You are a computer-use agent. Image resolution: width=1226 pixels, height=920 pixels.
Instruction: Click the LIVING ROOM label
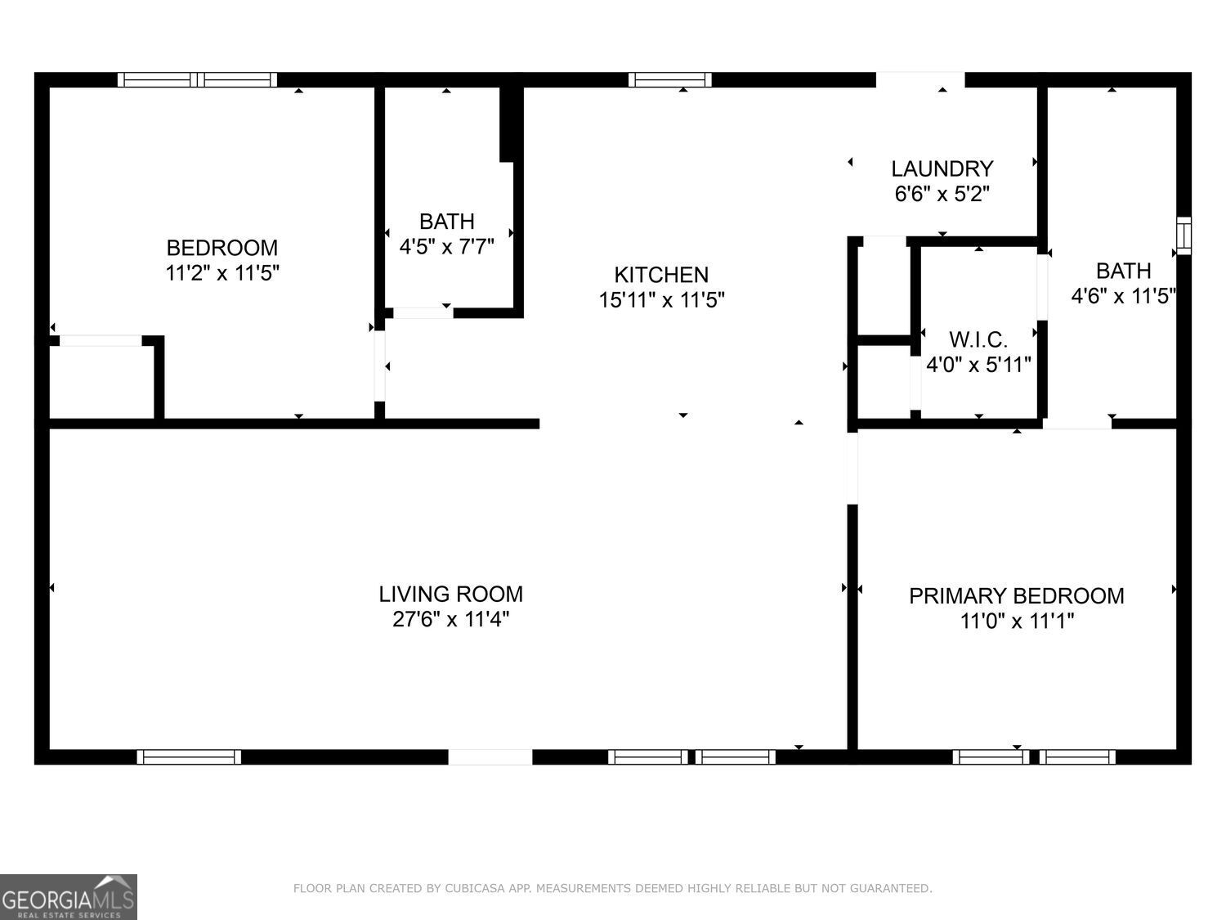pyautogui.click(x=450, y=594)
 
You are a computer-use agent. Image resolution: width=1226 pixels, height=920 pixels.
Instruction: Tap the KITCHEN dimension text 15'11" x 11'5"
pyautogui.click(x=662, y=300)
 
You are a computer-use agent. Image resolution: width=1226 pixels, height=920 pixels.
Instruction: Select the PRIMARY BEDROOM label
pyautogui.click(x=1016, y=595)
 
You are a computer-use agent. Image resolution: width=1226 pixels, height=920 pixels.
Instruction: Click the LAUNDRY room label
pyautogui.click(x=942, y=168)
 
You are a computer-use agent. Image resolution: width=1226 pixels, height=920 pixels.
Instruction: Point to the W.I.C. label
pyautogui.click(x=978, y=339)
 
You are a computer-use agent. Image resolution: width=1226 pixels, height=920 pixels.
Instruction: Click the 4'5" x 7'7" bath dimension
pyautogui.click(x=446, y=246)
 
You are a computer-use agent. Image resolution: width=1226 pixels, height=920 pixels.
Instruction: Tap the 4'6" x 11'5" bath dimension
pyautogui.click(x=1123, y=295)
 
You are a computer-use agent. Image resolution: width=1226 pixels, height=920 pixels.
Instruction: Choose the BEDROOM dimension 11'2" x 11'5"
pyautogui.click(x=222, y=273)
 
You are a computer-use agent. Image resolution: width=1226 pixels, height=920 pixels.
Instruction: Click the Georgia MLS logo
pyautogui.click(x=68, y=897)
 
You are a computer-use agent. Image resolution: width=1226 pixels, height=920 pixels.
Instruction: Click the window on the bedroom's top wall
pyautogui.click(x=197, y=79)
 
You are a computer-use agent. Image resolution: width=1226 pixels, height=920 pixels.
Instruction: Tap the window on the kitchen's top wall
pyautogui.click(x=669, y=79)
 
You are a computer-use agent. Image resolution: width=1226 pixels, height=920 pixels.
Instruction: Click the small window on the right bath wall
pyautogui.click(x=1183, y=236)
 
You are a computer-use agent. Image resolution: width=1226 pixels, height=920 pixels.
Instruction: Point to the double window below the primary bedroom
pyautogui.click(x=1034, y=757)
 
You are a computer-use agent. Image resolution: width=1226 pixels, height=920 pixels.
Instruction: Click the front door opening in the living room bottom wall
pyautogui.click(x=490, y=757)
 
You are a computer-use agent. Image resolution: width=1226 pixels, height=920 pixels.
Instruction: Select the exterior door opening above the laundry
pyautogui.click(x=920, y=79)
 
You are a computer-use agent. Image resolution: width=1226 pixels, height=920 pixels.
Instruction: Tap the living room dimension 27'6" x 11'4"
pyautogui.click(x=450, y=619)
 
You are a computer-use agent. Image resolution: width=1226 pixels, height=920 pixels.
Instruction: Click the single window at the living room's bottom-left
pyautogui.click(x=189, y=757)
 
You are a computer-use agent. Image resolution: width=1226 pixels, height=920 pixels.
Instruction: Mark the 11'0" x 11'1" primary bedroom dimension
pyautogui.click(x=1016, y=622)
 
